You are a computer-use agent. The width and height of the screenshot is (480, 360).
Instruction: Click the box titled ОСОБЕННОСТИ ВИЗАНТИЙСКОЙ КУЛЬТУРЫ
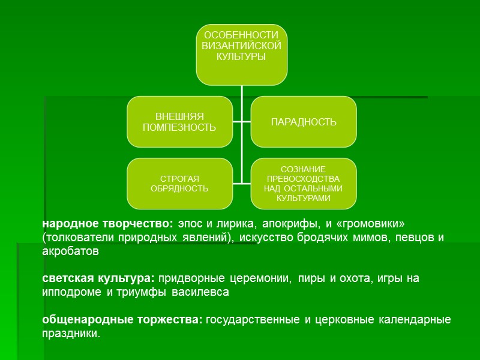242,54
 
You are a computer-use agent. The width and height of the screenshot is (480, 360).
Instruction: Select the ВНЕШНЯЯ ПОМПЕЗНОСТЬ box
180,122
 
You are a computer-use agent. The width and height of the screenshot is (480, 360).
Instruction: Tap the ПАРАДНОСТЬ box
303,122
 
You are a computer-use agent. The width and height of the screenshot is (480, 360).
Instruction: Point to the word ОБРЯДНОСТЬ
180,189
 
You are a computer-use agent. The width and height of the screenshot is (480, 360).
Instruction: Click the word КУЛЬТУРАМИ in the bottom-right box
303,198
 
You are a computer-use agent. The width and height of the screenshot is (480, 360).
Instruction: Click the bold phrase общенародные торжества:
122,320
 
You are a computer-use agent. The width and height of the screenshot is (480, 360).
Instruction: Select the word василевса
201,293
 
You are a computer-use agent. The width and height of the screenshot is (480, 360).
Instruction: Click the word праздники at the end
71,334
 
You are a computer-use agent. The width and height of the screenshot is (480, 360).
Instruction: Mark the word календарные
414,320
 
